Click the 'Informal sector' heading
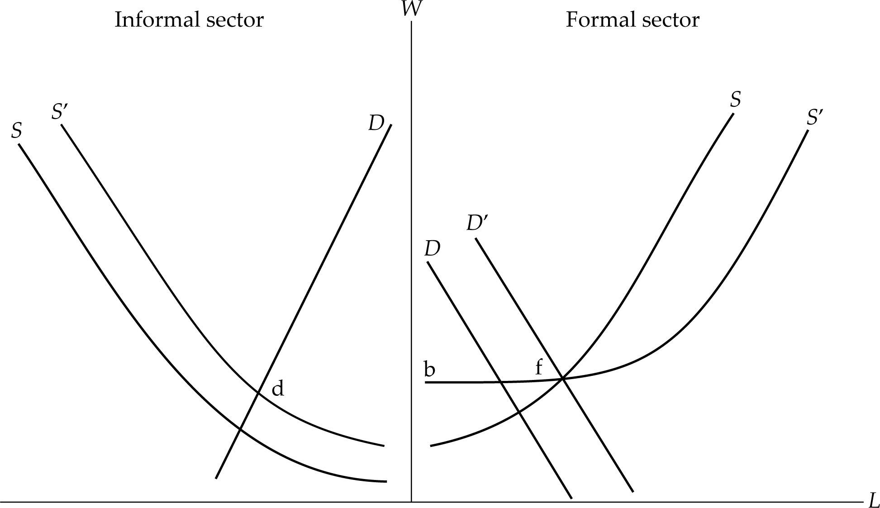[x=189, y=20]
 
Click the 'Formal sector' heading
[x=632, y=20]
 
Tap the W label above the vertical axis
[x=409, y=9]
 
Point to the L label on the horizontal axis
[x=873, y=500]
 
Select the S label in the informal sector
[x=16, y=131]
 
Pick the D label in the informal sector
[x=376, y=123]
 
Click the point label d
[x=277, y=389]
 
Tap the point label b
[x=429, y=369]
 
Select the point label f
[x=538, y=368]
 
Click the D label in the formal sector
[x=432, y=249]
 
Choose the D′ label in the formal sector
[x=477, y=223]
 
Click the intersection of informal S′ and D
[x=258, y=392]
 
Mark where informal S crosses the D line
[x=240, y=429]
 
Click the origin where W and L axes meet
[x=411, y=501]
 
